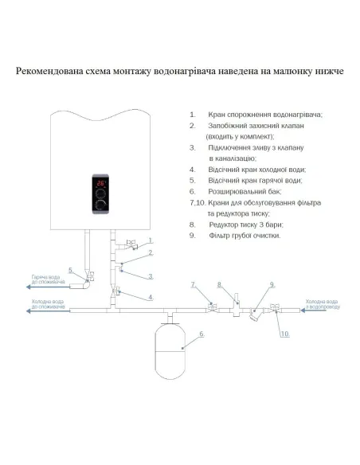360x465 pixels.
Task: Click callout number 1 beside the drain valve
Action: pyautogui.click(x=149, y=240)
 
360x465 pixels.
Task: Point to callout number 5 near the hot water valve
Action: pyautogui.click(x=72, y=271)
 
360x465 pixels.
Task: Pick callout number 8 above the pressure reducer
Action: pyautogui.click(x=220, y=284)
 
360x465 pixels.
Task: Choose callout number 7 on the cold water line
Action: pyautogui.click(x=193, y=283)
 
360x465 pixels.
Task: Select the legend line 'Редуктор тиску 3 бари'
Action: pyautogui.click(x=246, y=225)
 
